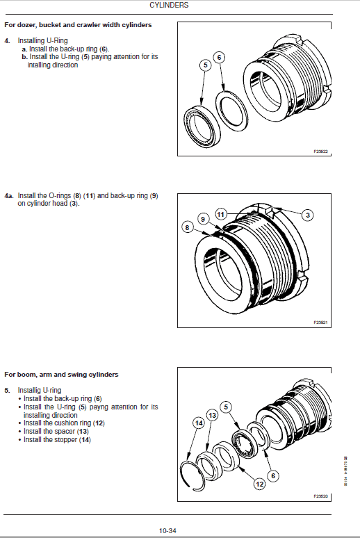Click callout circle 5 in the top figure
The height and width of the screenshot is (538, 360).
point(204,65)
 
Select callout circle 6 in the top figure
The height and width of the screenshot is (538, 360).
point(219,58)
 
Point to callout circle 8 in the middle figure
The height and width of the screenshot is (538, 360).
point(187,227)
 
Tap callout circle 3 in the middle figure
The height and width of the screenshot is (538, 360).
point(306,215)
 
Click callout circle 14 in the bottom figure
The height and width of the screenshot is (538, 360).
point(198,423)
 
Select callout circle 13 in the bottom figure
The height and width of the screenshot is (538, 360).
point(212,414)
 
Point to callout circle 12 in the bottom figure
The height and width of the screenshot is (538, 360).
point(259,483)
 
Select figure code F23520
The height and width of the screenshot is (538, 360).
point(320,496)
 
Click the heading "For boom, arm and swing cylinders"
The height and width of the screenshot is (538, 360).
point(61,375)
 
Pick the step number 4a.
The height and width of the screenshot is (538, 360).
point(9,196)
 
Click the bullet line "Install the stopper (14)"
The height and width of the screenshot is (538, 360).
point(57,439)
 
